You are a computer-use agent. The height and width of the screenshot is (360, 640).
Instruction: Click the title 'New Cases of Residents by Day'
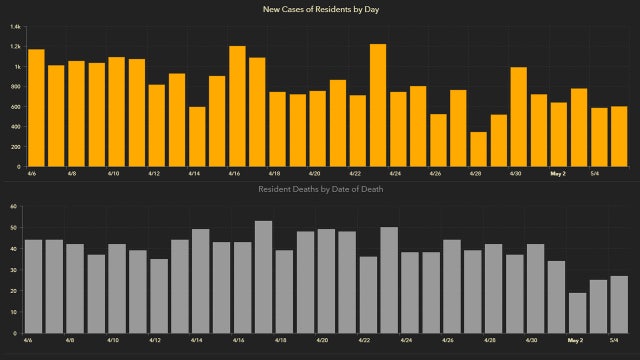(x=320, y=9)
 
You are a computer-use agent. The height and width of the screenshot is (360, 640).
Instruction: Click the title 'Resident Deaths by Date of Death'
(x=320, y=188)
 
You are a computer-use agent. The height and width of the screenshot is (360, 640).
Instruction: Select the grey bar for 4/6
(x=33, y=286)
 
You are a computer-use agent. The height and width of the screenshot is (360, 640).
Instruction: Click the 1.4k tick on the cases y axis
(x=16, y=46)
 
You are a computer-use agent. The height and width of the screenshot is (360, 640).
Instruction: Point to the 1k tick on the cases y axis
(x=17, y=66)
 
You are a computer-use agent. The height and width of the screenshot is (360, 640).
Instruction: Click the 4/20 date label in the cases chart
(x=315, y=172)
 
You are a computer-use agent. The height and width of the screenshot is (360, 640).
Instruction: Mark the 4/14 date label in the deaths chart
(x=197, y=340)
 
